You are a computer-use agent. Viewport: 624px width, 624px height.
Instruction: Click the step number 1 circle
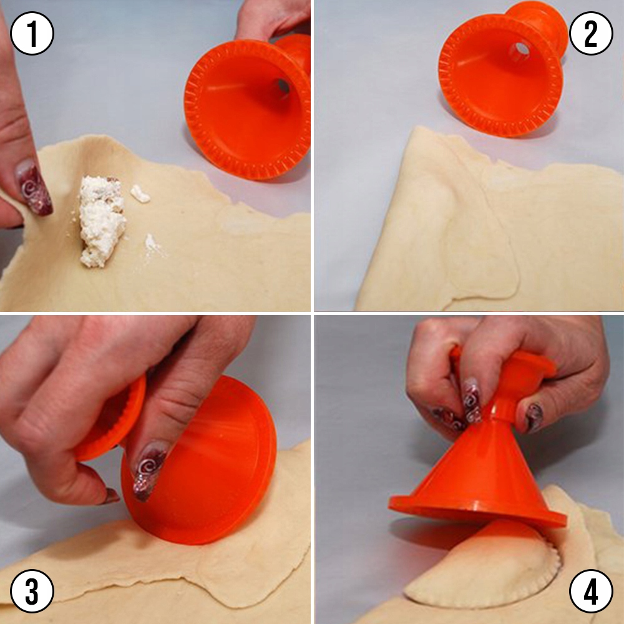pos(32,33)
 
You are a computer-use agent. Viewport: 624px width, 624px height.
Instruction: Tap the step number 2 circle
pos(591,33)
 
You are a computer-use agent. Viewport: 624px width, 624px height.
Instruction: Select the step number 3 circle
pos(32,591)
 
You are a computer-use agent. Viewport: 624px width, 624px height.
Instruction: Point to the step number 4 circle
pos(591,591)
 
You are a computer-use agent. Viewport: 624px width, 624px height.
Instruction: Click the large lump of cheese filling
pos(102,221)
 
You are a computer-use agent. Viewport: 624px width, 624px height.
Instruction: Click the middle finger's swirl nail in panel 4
pos(472,400)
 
